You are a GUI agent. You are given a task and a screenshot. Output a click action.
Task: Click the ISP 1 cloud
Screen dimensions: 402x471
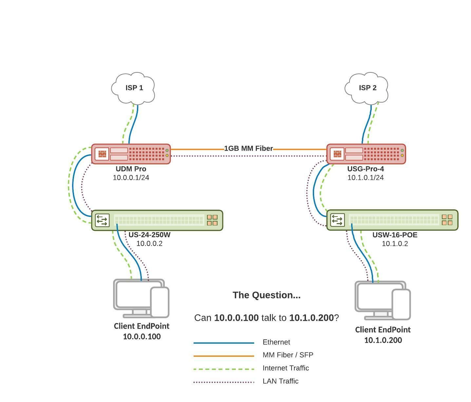click(x=134, y=88)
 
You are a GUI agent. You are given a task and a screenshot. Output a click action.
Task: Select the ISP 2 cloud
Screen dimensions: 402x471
click(x=367, y=88)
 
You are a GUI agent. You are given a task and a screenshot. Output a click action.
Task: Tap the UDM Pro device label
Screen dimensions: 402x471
click(x=131, y=169)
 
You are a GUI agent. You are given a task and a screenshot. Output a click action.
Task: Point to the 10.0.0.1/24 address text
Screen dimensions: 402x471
click(x=131, y=178)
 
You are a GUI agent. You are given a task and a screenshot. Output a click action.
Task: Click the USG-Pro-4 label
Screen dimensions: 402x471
click(x=366, y=169)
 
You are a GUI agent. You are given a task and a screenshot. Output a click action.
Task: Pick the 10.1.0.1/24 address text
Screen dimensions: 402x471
click(x=366, y=178)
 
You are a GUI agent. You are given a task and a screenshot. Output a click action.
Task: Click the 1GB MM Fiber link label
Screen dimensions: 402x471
click(x=248, y=148)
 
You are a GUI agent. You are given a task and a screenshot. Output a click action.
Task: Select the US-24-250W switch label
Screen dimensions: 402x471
click(x=149, y=235)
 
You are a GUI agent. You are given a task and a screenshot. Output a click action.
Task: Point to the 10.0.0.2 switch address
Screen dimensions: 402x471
click(x=149, y=243)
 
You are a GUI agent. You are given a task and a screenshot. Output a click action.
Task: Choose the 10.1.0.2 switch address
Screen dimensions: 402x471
click(x=395, y=244)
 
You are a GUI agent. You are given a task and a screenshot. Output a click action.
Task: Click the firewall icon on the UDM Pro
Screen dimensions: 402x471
click(x=102, y=154)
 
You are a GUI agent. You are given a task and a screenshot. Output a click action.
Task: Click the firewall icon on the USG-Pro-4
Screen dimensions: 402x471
click(x=337, y=154)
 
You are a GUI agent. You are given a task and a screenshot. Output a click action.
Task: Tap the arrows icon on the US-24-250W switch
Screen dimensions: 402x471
click(x=102, y=220)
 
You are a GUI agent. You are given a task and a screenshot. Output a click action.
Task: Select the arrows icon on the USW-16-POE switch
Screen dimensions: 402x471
click(x=337, y=220)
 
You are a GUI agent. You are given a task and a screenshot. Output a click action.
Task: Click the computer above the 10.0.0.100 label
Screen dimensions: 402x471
click(x=141, y=298)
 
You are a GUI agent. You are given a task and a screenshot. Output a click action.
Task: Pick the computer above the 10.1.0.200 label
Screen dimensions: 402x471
click(x=383, y=300)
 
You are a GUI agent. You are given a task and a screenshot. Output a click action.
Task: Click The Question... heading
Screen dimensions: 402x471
click(x=266, y=295)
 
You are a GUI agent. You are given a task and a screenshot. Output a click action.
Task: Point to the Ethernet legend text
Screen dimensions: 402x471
click(x=276, y=342)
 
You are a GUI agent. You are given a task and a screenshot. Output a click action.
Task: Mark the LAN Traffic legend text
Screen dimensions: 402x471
click(x=280, y=381)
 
